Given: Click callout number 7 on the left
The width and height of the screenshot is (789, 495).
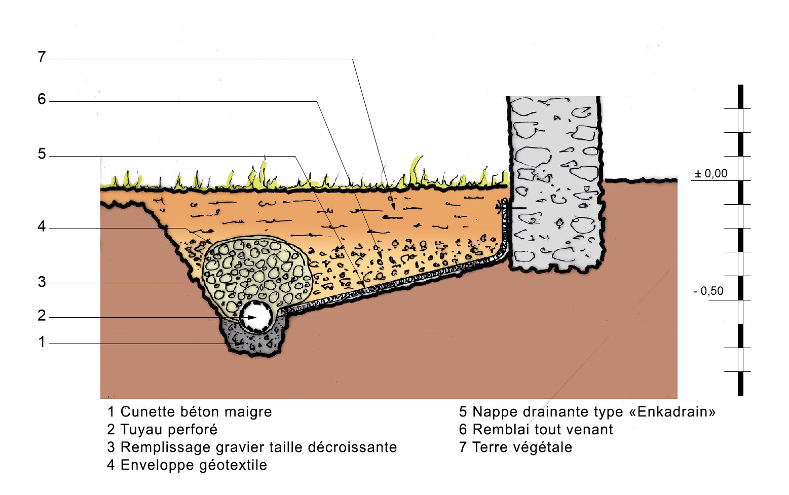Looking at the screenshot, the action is (x=42, y=57).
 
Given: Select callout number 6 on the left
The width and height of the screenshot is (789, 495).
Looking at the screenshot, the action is (x=42, y=99).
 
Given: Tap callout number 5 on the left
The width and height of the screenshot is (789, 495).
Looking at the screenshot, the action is (x=42, y=154).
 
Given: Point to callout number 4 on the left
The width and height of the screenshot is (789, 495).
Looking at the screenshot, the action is (x=42, y=226).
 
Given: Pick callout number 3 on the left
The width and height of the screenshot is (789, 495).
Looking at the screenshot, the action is (x=42, y=282).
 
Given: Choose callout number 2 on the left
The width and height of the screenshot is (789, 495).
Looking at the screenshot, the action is (x=42, y=316).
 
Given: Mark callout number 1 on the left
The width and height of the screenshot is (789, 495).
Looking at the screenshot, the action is (x=42, y=342).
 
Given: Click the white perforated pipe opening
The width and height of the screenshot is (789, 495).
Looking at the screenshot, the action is (x=257, y=317).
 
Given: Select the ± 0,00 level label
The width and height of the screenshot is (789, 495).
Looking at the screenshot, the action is (x=711, y=174).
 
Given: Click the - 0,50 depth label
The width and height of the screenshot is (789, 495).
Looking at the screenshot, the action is (x=708, y=291).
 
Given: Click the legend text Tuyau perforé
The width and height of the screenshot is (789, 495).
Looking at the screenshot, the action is (x=169, y=430).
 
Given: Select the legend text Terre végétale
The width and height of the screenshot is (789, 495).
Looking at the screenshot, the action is (x=522, y=447).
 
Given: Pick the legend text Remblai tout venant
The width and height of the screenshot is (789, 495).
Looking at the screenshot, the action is (x=542, y=430).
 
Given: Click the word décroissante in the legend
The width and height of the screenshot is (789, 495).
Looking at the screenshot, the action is (x=352, y=447).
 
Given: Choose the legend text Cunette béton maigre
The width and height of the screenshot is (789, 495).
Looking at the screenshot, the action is (x=196, y=412).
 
